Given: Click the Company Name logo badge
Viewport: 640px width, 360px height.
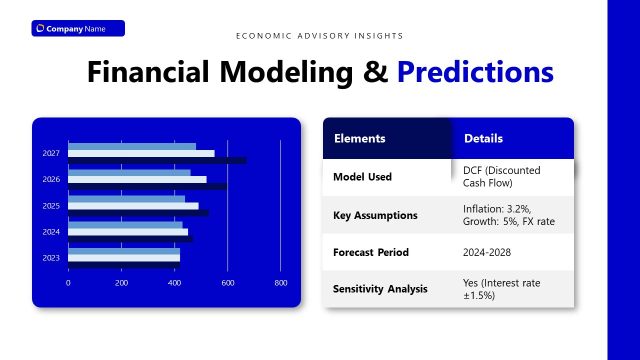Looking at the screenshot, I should pyautogui.click(x=78, y=28).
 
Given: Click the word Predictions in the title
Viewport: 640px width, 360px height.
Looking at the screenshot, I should pyautogui.click(x=474, y=72).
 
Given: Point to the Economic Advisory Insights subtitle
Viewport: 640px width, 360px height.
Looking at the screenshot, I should pyautogui.click(x=320, y=36).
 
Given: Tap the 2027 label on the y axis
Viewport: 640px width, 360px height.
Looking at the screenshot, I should pyautogui.click(x=50, y=153).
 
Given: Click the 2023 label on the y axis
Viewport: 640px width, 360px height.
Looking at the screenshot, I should pyautogui.click(x=50, y=258).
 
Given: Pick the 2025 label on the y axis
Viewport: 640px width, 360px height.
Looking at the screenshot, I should pyautogui.click(x=50, y=205).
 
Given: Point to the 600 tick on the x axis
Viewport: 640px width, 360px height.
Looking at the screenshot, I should pyautogui.click(x=227, y=283).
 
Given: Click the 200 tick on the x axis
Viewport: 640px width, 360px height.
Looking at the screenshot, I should pyautogui.click(x=121, y=283).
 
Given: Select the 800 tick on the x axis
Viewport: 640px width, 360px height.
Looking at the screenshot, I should pyautogui.click(x=280, y=283).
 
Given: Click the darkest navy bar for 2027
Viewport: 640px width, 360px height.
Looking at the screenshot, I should pyautogui.click(x=157, y=160).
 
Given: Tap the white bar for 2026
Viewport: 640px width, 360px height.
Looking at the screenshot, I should pyautogui.click(x=137, y=179).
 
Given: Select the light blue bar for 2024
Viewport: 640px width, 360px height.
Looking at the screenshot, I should pyautogui.click(x=125, y=224).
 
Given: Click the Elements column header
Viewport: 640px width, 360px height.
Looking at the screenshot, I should pyautogui.click(x=359, y=139).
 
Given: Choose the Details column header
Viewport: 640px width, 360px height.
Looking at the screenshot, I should pyautogui.click(x=484, y=139).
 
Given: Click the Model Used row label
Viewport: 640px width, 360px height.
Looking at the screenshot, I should pyautogui.click(x=362, y=177).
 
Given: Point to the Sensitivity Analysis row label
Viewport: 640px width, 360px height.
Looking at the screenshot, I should pyautogui.click(x=380, y=289).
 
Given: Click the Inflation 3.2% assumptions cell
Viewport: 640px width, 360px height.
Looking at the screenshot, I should pyautogui.click(x=509, y=215).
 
